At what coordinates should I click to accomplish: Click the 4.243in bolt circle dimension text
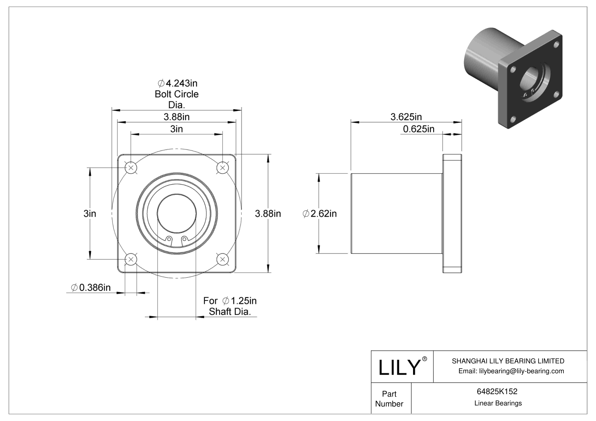177,83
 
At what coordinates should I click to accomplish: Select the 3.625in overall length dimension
406,117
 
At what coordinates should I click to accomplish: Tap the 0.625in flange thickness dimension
418,129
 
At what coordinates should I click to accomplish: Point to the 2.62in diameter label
320,214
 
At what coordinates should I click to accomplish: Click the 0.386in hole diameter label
91,288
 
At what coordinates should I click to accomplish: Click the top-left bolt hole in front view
131,168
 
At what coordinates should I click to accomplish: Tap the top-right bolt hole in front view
222,168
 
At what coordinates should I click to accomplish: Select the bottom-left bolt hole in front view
131,259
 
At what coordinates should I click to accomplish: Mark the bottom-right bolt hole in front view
222,259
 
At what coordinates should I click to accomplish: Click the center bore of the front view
177,214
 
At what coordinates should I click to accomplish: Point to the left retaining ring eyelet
169,239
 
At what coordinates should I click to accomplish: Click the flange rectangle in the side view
452,214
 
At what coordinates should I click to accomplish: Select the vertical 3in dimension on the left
90,214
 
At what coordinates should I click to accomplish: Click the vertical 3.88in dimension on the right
268,214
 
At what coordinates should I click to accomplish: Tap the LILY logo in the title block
399,367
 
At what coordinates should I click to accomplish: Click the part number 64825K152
497,391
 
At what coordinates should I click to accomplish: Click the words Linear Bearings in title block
498,403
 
